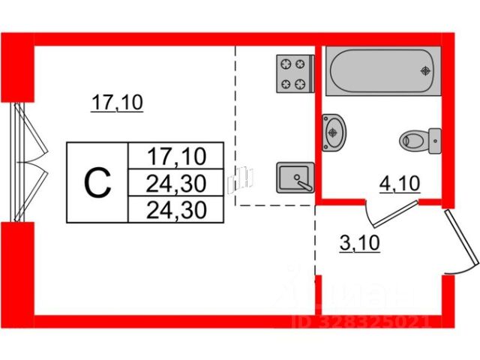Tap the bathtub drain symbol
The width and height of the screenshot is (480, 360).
click(426, 71)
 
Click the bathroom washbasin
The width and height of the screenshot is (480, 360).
click(334, 132)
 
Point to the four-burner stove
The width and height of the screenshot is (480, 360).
click(293, 73)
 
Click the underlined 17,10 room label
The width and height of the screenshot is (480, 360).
click(117, 103)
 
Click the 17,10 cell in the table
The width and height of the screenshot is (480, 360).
click(175, 157)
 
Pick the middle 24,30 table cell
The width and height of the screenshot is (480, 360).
click(175, 182)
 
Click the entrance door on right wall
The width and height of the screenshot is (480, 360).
click(460, 240)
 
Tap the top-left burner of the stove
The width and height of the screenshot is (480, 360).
click(285, 64)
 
